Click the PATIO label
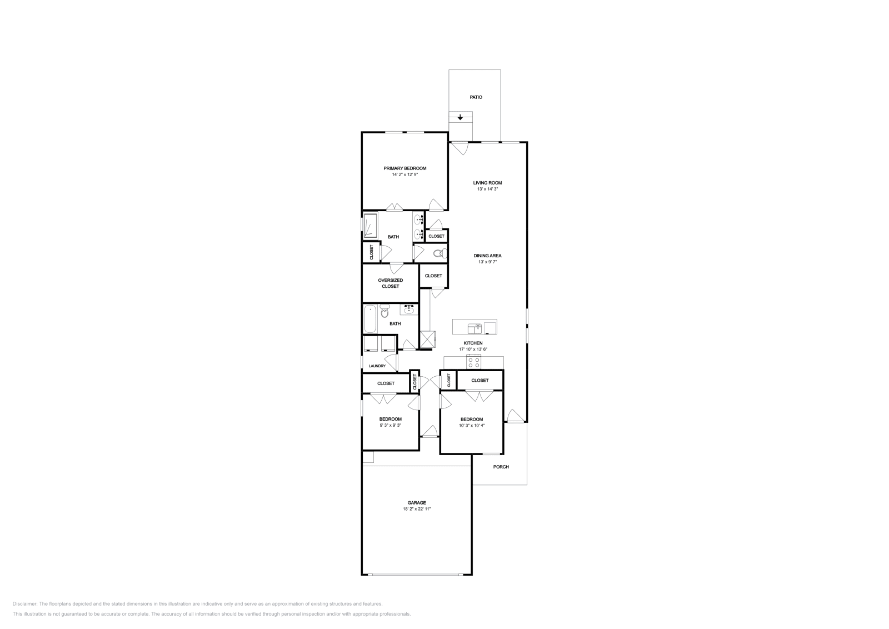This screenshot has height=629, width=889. [x=476, y=97]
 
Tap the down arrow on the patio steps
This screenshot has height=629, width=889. [x=460, y=117]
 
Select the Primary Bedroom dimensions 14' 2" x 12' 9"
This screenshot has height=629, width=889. [x=404, y=174]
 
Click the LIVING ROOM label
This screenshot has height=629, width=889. [x=487, y=183]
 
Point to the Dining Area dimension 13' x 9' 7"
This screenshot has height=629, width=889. [x=487, y=262]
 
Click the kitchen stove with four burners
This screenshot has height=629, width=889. [x=474, y=362]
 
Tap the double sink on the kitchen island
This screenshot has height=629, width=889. [x=475, y=327]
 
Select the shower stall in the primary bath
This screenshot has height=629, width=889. [x=370, y=225]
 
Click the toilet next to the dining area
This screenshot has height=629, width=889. [x=438, y=253]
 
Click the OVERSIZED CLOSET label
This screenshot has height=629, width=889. [x=390, y=283]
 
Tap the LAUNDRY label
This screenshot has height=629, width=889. [x=377, y=366]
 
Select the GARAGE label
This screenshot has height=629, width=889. [x=417, y=503]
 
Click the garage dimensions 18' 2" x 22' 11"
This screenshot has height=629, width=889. [x=417, y=509]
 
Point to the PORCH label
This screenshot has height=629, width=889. [x=501, y=467]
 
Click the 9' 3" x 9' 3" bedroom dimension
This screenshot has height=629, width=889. [x=390, y=425]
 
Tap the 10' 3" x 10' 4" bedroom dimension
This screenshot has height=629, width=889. [x=471, y=426]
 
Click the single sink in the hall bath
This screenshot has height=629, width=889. [x=410, y=309]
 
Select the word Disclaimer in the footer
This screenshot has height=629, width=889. [x=24, y=603]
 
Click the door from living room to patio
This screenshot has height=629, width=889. [x=459, y=148]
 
